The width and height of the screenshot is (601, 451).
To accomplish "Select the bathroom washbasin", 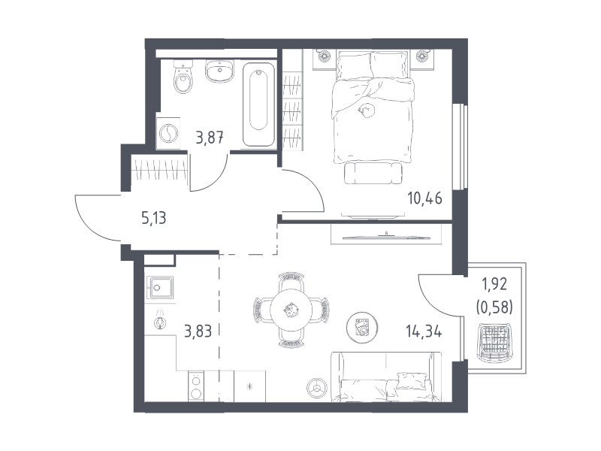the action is coord(219,71).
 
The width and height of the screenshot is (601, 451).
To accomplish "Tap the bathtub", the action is coord(258,104).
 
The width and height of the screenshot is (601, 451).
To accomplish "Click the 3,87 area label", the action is coord(210,138).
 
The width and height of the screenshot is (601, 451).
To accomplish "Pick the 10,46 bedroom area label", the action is coord(424,198).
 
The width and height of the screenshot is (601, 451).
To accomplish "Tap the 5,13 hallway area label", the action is coord(154,218).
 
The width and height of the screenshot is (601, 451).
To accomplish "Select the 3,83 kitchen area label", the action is coord(198,331).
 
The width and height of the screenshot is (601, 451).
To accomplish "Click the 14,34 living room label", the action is coord(424,331).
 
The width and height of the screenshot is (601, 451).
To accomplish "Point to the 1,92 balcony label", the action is coord(494,284).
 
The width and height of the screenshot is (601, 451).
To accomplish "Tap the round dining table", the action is coord(291,310).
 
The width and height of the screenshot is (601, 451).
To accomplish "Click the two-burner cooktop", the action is coord(196,386).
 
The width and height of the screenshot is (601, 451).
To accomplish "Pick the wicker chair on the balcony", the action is coord(495,343).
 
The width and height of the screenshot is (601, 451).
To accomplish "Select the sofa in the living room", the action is coord(386,377).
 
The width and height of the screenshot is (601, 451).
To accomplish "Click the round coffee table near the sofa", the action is coord(362,328).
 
